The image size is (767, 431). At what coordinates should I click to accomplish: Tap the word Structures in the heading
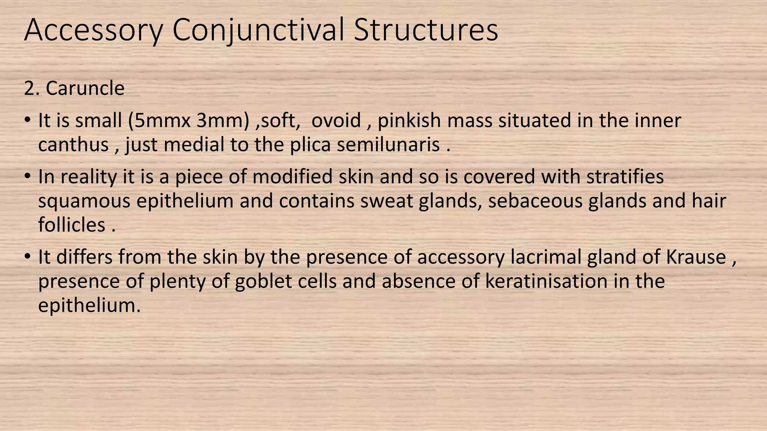(426, 30)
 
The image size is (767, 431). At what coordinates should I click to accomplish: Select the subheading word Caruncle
(85, 89)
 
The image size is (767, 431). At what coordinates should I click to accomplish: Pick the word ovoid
(336, 120)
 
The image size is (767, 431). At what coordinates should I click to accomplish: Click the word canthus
(73, 145)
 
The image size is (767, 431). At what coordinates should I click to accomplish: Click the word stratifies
(625, 177)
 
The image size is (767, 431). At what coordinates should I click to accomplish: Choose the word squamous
(84, 201)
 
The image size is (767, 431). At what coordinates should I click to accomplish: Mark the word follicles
(72, 225)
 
